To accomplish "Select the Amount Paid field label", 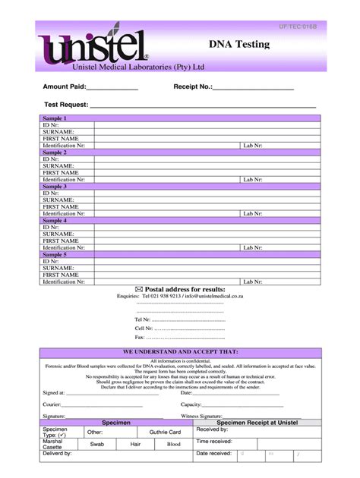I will [x=65, y=86].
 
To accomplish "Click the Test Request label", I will [x=66, y=105].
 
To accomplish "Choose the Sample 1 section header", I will [x=55, y=118].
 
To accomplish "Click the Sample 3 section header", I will [x=55, y=186].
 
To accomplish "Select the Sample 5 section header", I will [x=55, y=254].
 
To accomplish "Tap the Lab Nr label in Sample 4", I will [x=253, y=247].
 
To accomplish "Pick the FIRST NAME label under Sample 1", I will [x=61, y=138].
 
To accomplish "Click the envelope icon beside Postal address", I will [x=137, y=289].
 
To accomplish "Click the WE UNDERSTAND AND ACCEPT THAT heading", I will [x=180, y=352].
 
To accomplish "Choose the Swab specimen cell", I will [x=97, y=444].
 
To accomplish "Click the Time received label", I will [x=214, y=441].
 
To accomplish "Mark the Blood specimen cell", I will [x=174, y=444].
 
